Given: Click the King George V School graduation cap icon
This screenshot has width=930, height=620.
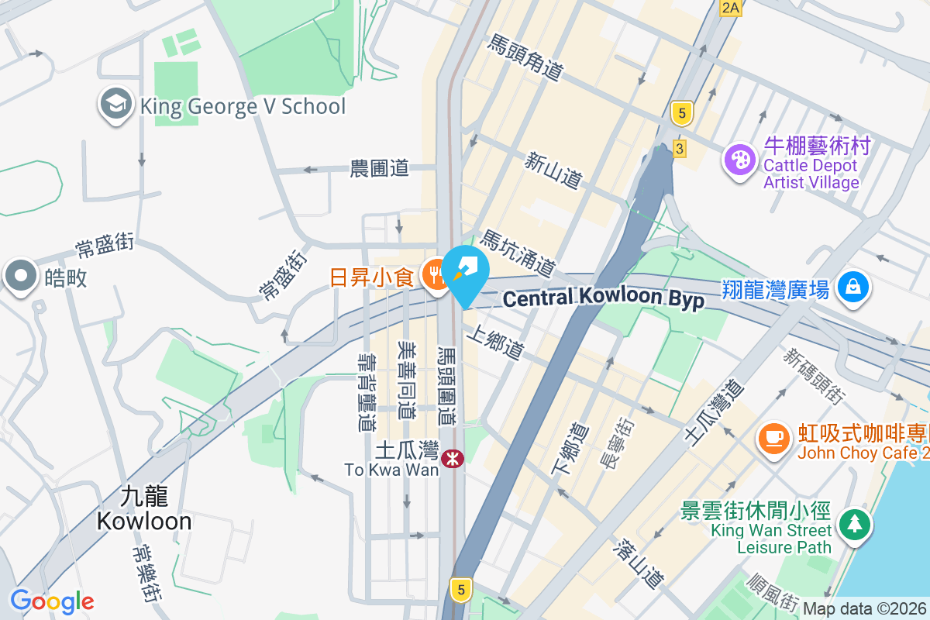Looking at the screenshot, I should [x=116, y=106].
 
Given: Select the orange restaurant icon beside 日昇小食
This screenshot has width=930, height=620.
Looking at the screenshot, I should [x=436, y=276].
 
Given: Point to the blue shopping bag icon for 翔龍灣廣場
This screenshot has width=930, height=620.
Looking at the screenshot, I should [x=852, y=288].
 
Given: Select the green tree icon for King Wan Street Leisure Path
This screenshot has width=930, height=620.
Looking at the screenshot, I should [x=854, y=525].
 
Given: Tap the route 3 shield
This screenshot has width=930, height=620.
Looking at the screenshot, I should [x=680, y=148].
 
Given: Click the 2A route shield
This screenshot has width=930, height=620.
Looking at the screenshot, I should [x=730, y=8].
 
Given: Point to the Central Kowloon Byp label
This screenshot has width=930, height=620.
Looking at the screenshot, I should [x=604, y=298].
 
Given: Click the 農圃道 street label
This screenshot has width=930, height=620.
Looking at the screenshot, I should [x=379, y=168].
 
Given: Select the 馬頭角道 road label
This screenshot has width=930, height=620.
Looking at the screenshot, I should [x=525, y=57].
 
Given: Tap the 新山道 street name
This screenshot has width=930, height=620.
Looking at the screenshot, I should [x=553, y=170].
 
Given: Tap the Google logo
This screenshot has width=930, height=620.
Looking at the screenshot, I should [x=52, y=601].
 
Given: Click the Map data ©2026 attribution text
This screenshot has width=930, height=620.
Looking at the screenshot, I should [x=865, y=609].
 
